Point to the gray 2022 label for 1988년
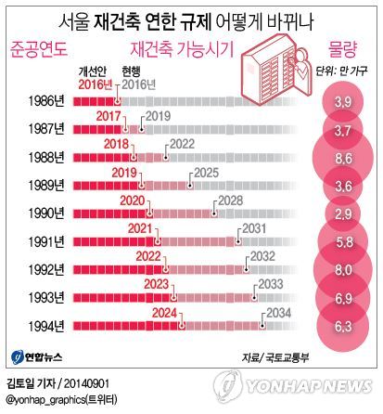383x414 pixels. [x=181, y=144]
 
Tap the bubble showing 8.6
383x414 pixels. [x=342, y=159]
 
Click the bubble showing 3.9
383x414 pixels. [x=342, y=100]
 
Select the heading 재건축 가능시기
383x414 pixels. [x=181, y=46]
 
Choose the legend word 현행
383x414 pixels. [x=133, y=71]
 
